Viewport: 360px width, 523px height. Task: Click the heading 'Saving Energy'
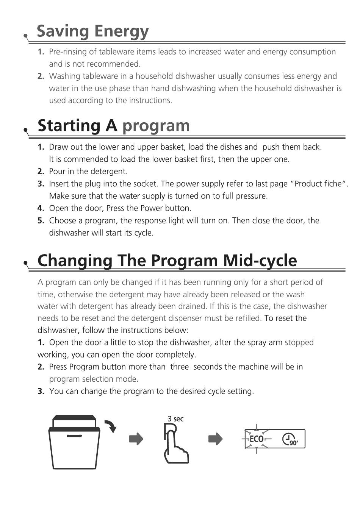tap(92, 32)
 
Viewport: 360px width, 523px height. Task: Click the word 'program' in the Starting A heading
tap(156, 126)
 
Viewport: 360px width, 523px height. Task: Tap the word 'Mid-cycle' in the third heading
tap(260, 261)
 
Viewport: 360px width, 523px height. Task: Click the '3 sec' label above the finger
tap(175, 419)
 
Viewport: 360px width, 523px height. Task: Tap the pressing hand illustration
tap(175, 445)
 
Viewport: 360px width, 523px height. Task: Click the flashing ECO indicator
tap(257, 439)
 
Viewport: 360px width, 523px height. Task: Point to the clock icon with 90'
tap(290, 439)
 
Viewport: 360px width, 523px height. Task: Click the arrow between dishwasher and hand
tap(136, 439)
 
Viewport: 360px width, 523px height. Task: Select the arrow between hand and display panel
tap(215, 439)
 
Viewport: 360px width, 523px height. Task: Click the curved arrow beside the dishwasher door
tap(111, 426)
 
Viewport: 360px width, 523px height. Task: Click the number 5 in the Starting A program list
tap(41, 221)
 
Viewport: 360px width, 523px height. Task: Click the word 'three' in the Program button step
tap(180, 367)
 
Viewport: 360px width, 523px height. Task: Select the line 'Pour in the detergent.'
tap(88, 172)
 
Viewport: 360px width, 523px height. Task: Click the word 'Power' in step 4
tap(151, 208)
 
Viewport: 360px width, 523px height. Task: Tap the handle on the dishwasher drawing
tap(74, 436)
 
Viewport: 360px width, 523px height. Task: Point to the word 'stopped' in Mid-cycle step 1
tap(299, 343)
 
